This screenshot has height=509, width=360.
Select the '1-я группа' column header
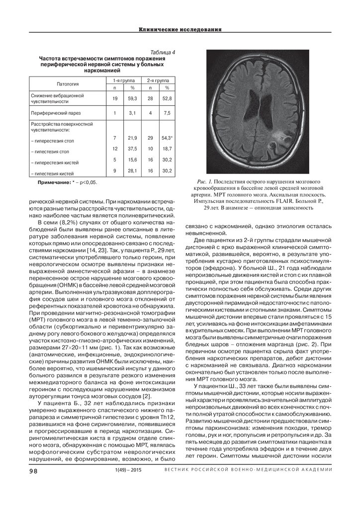coord(121,80)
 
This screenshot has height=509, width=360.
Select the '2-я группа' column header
coord(157,80)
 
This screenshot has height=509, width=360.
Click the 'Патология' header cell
coord(67,84)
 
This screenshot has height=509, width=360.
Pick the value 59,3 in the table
coord(133,99)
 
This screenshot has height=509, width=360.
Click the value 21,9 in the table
coord(133,137)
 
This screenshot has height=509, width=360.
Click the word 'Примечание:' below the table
coord(54,183)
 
